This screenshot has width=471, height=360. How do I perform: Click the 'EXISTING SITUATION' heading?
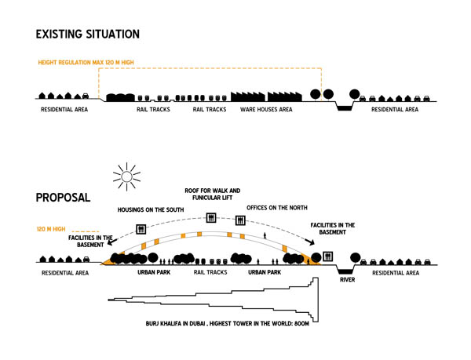pyautogui.click(x=87, y=35)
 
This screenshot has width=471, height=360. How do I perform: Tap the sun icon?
pyautogui.click(x=124, y=176)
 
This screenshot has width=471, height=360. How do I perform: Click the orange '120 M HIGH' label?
pyautogui.click(x=53, y=230)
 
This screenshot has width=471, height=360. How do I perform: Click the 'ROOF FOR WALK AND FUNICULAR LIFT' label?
pyautogui.click(x=212, y=195)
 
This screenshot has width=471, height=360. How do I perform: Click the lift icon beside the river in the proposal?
pyautogui.click(x=327, y=256)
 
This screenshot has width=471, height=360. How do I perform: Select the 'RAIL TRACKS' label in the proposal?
pyautogui.click(x=210, y=273)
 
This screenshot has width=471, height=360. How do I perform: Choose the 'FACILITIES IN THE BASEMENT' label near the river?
pyautogui.click(x=333, y=229)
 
